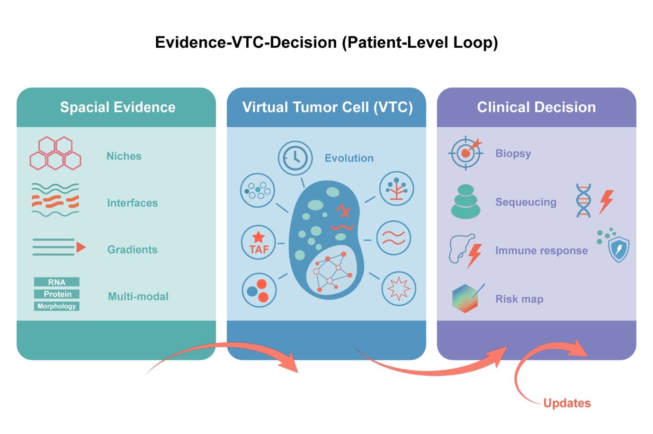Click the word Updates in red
(567, 403)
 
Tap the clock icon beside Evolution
(295, 158)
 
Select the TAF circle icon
(259, 242)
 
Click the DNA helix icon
(583, 200)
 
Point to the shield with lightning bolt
(618, 249)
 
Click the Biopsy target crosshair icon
(465, 153)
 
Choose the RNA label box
(56, 282)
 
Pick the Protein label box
(56, 294)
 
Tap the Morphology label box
(56, 306)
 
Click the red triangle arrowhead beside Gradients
(81, 248)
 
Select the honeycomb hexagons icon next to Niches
(55, 153)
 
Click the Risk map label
(519, 299)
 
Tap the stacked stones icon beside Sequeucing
(465, 201)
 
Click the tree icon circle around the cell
(396, 188)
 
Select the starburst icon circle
(399, 288)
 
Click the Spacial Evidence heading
(118, 107)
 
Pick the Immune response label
(542, 250)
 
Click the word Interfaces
(132, 203)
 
